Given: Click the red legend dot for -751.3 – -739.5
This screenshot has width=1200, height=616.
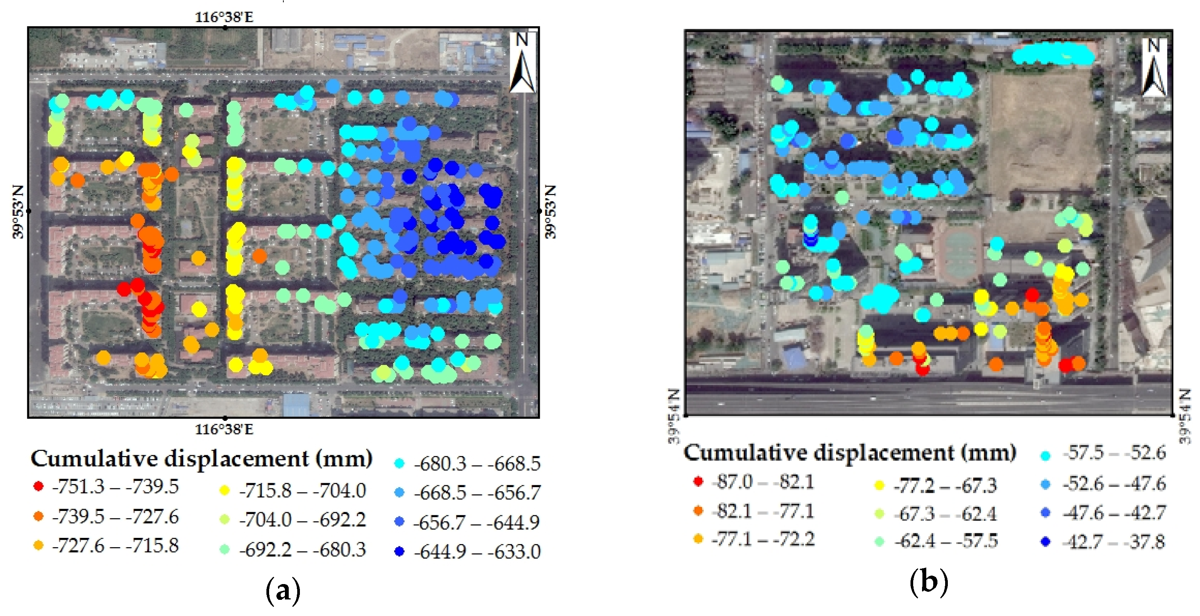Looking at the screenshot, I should [x=38, y=487].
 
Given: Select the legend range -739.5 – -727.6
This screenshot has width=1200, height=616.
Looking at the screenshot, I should [x=115, y=516].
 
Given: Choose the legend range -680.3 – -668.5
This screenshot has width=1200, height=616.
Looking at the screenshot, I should [x=477, y=464].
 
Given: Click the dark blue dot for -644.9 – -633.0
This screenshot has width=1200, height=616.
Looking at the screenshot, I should [x=399, y=552].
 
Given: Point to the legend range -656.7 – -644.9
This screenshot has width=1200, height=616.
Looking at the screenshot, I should [x=476, y=523].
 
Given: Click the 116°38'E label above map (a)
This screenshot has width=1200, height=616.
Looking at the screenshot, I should [x=224, y=18].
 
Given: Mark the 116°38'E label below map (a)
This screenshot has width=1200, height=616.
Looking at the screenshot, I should [x=224, y=429].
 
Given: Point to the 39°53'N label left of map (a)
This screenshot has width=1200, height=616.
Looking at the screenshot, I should [x=18, y=212].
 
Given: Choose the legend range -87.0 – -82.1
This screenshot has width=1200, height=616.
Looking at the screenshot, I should [x=763, y=482].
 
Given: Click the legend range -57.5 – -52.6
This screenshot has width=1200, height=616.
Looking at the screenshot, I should [x=1114, y=453].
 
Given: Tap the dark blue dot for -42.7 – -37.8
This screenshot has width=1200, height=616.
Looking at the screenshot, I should [x=1046, y=542].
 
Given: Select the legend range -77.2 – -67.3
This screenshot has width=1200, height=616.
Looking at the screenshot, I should [x=945, y=486].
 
